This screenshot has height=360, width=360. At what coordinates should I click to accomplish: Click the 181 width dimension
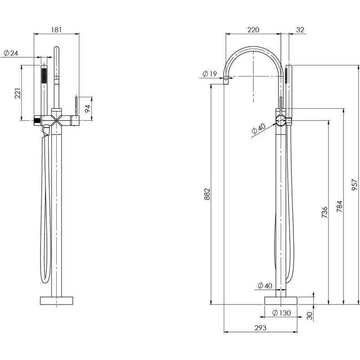coord(57,30)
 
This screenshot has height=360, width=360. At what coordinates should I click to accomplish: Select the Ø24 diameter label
coord(10,53)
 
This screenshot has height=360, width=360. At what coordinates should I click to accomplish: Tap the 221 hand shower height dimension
coord(18,94)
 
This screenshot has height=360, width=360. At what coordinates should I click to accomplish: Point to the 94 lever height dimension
coord(88,108)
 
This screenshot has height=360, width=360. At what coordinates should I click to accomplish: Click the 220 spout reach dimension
coord(253,30)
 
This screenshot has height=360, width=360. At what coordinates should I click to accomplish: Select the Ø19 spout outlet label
coord(210,73)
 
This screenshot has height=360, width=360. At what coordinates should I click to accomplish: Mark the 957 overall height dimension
coord(354,184)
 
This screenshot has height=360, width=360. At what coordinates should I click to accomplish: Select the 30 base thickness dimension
coord(310,316)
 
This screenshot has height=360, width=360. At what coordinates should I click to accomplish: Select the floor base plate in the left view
coord(56,300)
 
